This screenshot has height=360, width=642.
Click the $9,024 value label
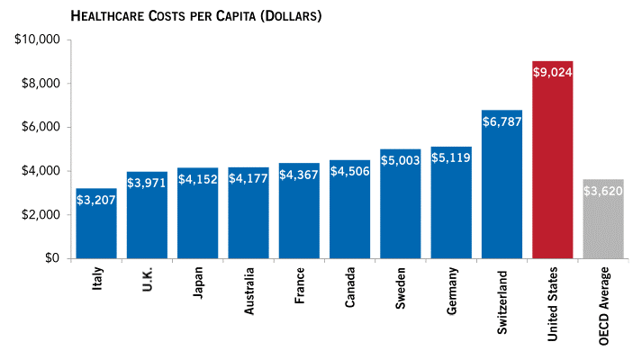[553, 74]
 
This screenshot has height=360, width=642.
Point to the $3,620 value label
[603, 192]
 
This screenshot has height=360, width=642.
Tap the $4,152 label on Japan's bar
[197, 180]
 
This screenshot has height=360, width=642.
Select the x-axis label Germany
[451, 292]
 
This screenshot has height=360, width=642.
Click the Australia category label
[249, 293]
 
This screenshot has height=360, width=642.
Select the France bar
[299, 216]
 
